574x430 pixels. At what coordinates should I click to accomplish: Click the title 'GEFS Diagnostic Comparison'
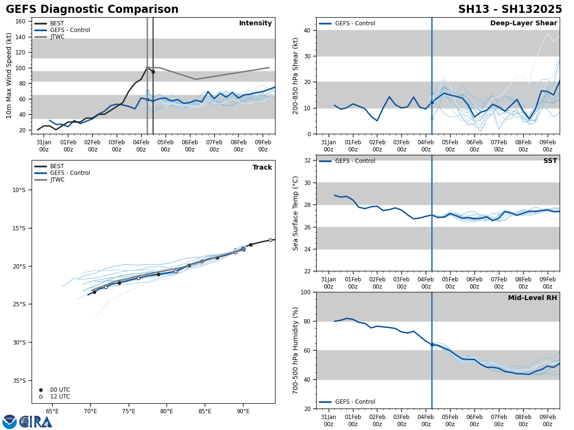tap(92, 10)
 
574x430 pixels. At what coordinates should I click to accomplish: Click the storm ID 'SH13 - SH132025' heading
tap(510, 10)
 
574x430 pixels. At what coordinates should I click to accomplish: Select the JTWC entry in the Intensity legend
tap(57, 37)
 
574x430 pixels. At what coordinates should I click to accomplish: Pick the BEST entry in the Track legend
tap(57, 166)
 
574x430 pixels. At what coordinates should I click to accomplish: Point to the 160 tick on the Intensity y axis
tap(21, 21)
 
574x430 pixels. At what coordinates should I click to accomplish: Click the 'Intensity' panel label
tap(255, 23)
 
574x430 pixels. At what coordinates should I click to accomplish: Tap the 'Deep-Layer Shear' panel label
tap(523, 23)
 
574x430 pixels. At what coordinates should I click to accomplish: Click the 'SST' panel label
tap(550, 161)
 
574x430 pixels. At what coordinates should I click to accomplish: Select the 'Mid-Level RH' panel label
tap(532, 298)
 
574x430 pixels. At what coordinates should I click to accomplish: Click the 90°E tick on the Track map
tap(243, 411)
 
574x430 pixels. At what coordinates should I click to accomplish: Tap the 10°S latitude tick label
tap(19, 190)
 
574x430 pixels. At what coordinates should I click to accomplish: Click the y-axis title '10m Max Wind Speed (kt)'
tap(9, 75)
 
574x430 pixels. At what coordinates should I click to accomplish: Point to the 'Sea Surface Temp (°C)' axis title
tap(296, 213)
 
